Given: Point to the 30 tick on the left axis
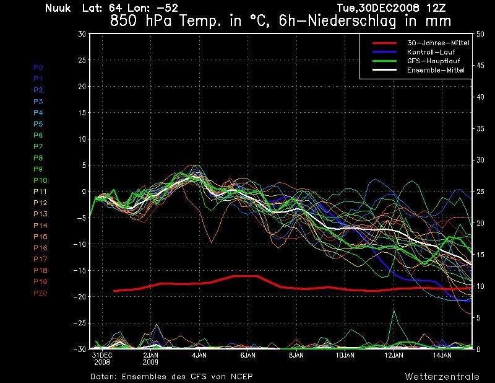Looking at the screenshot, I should [x=81, y=34].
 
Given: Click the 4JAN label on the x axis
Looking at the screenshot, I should [x=199, y=356].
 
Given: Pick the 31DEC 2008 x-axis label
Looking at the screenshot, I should [x=101, y=358].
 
